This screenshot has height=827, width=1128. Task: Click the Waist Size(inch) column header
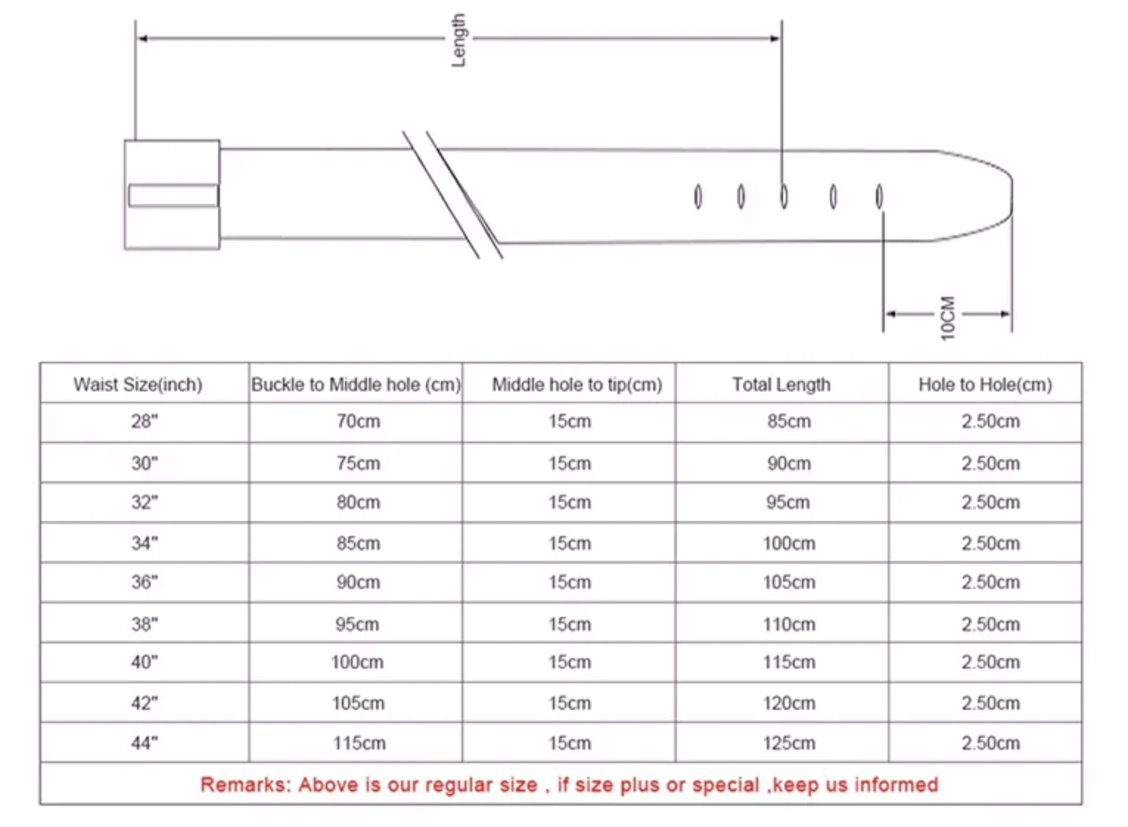pyautogui.click(x=138, y=385)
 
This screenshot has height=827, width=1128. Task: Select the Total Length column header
pyautogui.click(x=781, y=385)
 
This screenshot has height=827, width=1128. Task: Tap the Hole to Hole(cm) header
pyautogui.click(x=985, y=385)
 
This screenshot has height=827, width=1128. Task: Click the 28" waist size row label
pyautogui.click(x=145, y=422)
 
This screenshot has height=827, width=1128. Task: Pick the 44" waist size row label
pyautogui.click(x=145, y=743)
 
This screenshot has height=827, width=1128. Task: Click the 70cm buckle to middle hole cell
pyautogui.click(x=358, y=422)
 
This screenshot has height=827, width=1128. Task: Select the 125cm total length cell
pyautogui.click(x=789, y=743)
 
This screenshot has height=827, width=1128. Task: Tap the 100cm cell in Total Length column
pyautogui.click(x=789, y=544)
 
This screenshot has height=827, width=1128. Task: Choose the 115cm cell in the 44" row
pyautogui.click(x=358, y=743)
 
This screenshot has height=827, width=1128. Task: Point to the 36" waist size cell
pyautogui.click(x=145, y=582)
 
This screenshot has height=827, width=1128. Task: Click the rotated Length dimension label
pyautogui.click(x=459, y=40)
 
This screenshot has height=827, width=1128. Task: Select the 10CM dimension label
pyautogui.click(x=947, y=318)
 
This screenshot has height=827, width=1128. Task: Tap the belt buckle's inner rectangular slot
pyautogui.click(x=173, y=195)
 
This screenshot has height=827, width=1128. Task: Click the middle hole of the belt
pyautogui.click(x=784, y=196)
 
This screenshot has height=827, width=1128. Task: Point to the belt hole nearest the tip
pyautogui.click(x=879, y=196)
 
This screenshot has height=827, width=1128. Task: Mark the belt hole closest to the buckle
pyautogui.click(x=697, y=196)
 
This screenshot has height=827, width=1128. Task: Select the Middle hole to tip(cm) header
pyautogui.click(x=577, y=385)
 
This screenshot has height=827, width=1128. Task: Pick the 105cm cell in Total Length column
pyautogui.click(x=789, y=582)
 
